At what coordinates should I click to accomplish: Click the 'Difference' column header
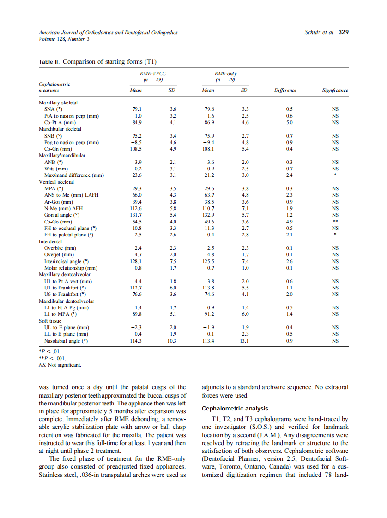(285, 90)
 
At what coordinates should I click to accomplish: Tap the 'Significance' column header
(335, 90)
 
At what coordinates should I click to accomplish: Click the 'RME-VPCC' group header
(153, 74)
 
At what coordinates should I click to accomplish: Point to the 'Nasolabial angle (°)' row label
(66, 341)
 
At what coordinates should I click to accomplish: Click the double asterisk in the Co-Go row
(335, 222)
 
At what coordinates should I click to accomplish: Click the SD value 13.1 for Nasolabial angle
(245, 341)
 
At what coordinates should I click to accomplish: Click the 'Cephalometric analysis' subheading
(235, 409)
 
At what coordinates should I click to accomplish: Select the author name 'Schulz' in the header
(313, 32)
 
